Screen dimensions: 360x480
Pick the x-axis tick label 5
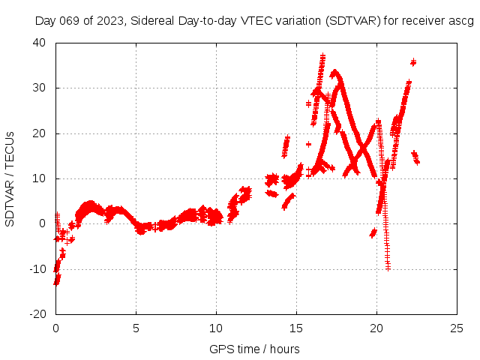click(136, 328)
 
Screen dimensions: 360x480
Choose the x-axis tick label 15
click(296, 328)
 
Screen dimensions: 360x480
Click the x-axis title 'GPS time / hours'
click(256, 349)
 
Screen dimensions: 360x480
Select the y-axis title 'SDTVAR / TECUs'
click(10, 178)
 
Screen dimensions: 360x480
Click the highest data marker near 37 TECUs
click(322, 55)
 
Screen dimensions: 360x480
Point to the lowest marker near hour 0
click(55, 282)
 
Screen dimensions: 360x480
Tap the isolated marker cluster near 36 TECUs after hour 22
click(413, 62)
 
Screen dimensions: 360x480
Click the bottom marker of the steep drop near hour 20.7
click(388, 268)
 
